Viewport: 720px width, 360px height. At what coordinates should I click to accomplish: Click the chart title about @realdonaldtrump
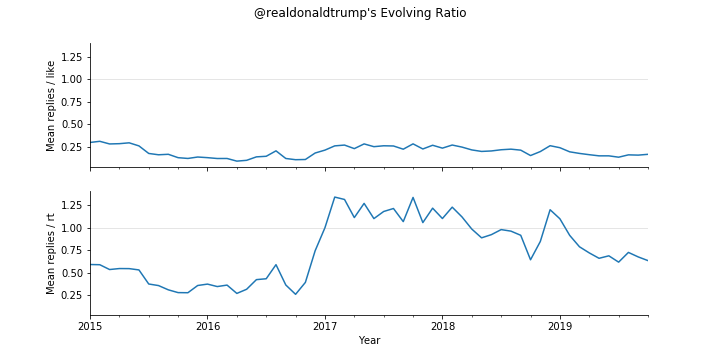(360, 13)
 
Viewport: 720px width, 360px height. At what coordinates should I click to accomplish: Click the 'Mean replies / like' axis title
(51, 106)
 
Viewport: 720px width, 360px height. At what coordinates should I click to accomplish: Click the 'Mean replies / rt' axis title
(51, 254)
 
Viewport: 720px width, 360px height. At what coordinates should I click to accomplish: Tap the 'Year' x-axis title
(369, 341)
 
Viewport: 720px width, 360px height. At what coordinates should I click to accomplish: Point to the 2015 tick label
(90, 326)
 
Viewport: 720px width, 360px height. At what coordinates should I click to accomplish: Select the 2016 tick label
(208, 326)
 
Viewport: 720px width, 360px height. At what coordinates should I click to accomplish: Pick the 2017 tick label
(325, 326)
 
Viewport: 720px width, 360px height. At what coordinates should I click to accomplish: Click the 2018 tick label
(443, 326)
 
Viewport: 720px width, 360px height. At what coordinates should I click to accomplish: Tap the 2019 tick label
(560, 326)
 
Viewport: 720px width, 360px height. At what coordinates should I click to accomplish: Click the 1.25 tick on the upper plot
(72, 57)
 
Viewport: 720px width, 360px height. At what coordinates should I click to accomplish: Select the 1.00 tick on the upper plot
(72, 80)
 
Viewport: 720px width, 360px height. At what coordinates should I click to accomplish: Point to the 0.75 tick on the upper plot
(72, 102)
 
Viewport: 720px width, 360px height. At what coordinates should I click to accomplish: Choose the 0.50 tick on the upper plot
(72, 125)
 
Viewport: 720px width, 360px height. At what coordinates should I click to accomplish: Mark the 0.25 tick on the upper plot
(72, 147)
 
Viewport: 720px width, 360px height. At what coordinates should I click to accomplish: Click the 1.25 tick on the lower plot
(72, 206)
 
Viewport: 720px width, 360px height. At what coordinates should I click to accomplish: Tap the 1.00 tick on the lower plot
(72, 228)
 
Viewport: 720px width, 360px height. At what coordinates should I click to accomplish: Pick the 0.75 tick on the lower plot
(72, 251)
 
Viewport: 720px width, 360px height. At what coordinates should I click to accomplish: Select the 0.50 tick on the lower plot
(72, 273)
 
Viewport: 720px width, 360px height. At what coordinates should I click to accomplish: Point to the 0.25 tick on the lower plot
(72, 296)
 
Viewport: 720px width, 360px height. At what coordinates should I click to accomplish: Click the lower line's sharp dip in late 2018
(531, 260)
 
